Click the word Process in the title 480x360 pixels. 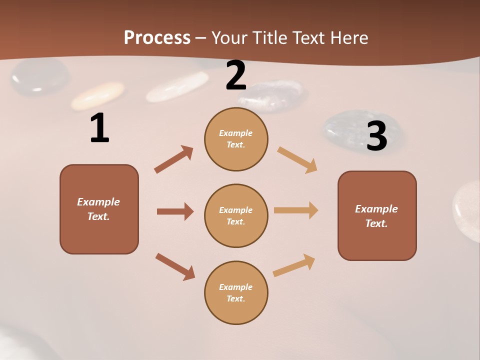click(157, 38)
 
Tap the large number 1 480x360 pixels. click(99, 128)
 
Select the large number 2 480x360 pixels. click(236, 76)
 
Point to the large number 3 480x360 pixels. click(377, 136)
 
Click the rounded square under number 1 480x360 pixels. click(99, 209)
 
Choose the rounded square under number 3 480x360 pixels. click(377, 215)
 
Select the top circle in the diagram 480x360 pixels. click(236, 139)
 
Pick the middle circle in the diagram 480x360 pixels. click(236, 215)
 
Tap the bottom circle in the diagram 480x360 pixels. click(236, 292)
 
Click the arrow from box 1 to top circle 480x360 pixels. click(173, 159)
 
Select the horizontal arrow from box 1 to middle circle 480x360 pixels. click(175, 211)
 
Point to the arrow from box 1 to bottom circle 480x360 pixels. click(175, 266)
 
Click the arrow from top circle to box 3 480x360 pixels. click(297, 159)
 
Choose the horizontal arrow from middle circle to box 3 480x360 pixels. click(296, 210)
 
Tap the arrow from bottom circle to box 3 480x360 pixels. click(294, 265)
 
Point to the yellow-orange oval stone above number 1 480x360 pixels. click(97, 95)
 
